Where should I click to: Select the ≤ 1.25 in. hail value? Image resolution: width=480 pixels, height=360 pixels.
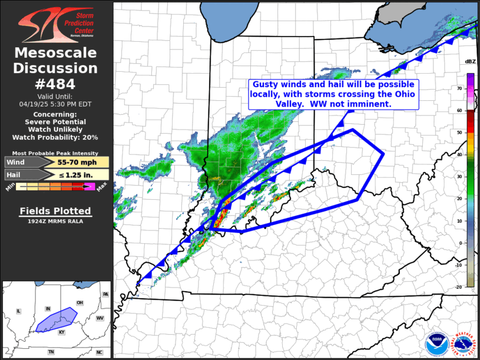pos(75,174)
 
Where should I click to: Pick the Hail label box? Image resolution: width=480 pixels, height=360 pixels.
pos(21,174)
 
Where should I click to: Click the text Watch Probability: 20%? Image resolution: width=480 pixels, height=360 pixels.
pos(55,137)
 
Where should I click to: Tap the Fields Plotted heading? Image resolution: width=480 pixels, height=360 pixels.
pos(55,211)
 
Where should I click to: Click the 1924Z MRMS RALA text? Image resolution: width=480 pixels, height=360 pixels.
pos(55,222)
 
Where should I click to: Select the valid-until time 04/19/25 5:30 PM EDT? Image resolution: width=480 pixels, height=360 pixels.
pos(55,104)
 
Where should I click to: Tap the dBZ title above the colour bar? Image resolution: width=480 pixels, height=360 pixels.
pos(470,62)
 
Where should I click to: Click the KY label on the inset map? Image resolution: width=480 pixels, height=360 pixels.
pos(61,332)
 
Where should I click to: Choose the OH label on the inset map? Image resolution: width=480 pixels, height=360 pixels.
pos(80,303)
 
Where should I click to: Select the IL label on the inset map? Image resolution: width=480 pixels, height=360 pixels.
pos(18,311)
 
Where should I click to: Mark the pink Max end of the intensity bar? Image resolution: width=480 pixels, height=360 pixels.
pos(90,187)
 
